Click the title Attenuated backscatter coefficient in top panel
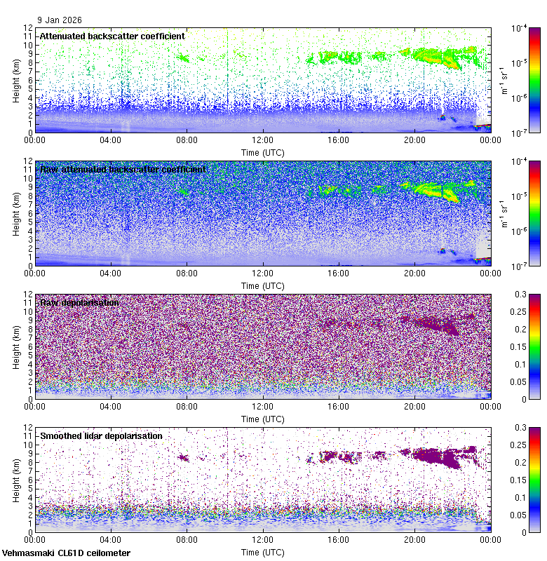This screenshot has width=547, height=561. [x=112, y=36]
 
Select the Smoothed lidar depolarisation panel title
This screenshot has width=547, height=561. [x=101, y=435]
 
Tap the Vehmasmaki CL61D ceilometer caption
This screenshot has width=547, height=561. [x=66, y=553]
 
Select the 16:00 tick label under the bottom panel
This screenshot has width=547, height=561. [x=339, y=539]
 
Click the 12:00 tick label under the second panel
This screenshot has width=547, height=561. [x=263, y=273]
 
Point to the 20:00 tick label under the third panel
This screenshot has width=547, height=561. [x=414, y=406]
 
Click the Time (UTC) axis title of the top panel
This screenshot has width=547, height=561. [x=263, y=151]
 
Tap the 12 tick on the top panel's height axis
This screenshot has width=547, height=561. [x=29, y=28]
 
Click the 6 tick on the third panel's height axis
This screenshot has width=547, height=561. [x=31, y=346]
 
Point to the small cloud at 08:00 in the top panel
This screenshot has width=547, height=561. [x=184, y=59]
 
